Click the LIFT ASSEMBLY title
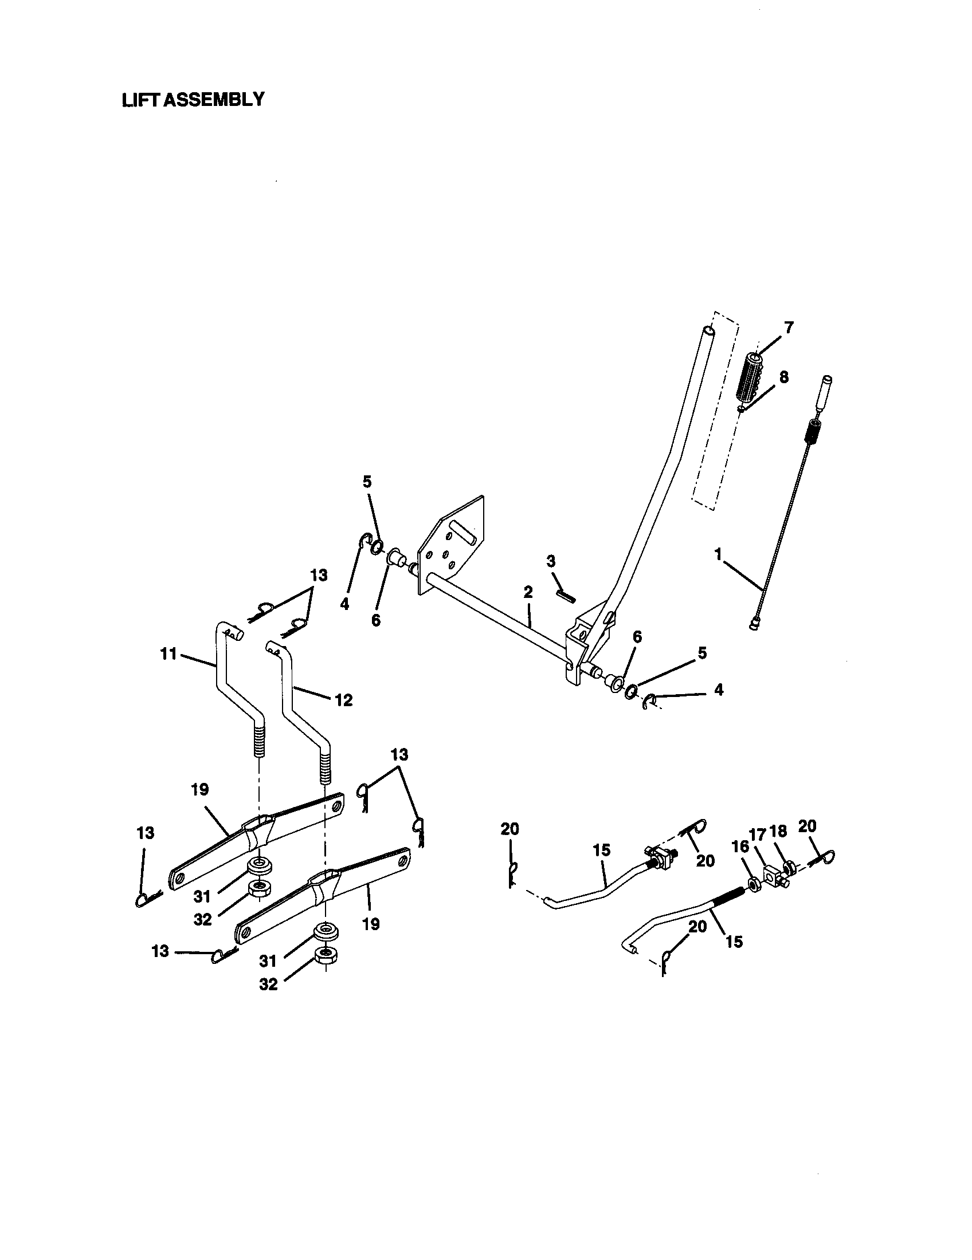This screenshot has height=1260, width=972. pyautogui.click(x=193, y=99)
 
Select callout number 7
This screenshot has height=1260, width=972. pyautogui.click(x=788, y=328)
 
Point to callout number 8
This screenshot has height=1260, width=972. pyautogui.click(x=783, y=377)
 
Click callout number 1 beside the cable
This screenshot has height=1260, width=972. pyautogui.click(x=718, y=554)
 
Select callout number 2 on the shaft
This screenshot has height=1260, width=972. pyautogui.click(x=528, y=592)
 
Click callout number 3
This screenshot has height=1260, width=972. pyautogui.click(x=551, y=561)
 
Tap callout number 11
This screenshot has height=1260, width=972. pyautogui.click(x=168, y=655)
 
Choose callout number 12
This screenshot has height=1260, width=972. pyautogui.click(x=343, y=700)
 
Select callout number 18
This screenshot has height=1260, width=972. pyautogui.click(x=778, y=832)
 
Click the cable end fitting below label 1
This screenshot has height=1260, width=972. pyautogui.click(x=753, y=625)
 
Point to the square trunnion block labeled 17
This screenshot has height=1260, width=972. pyautogui.click(x=771, y=876)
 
